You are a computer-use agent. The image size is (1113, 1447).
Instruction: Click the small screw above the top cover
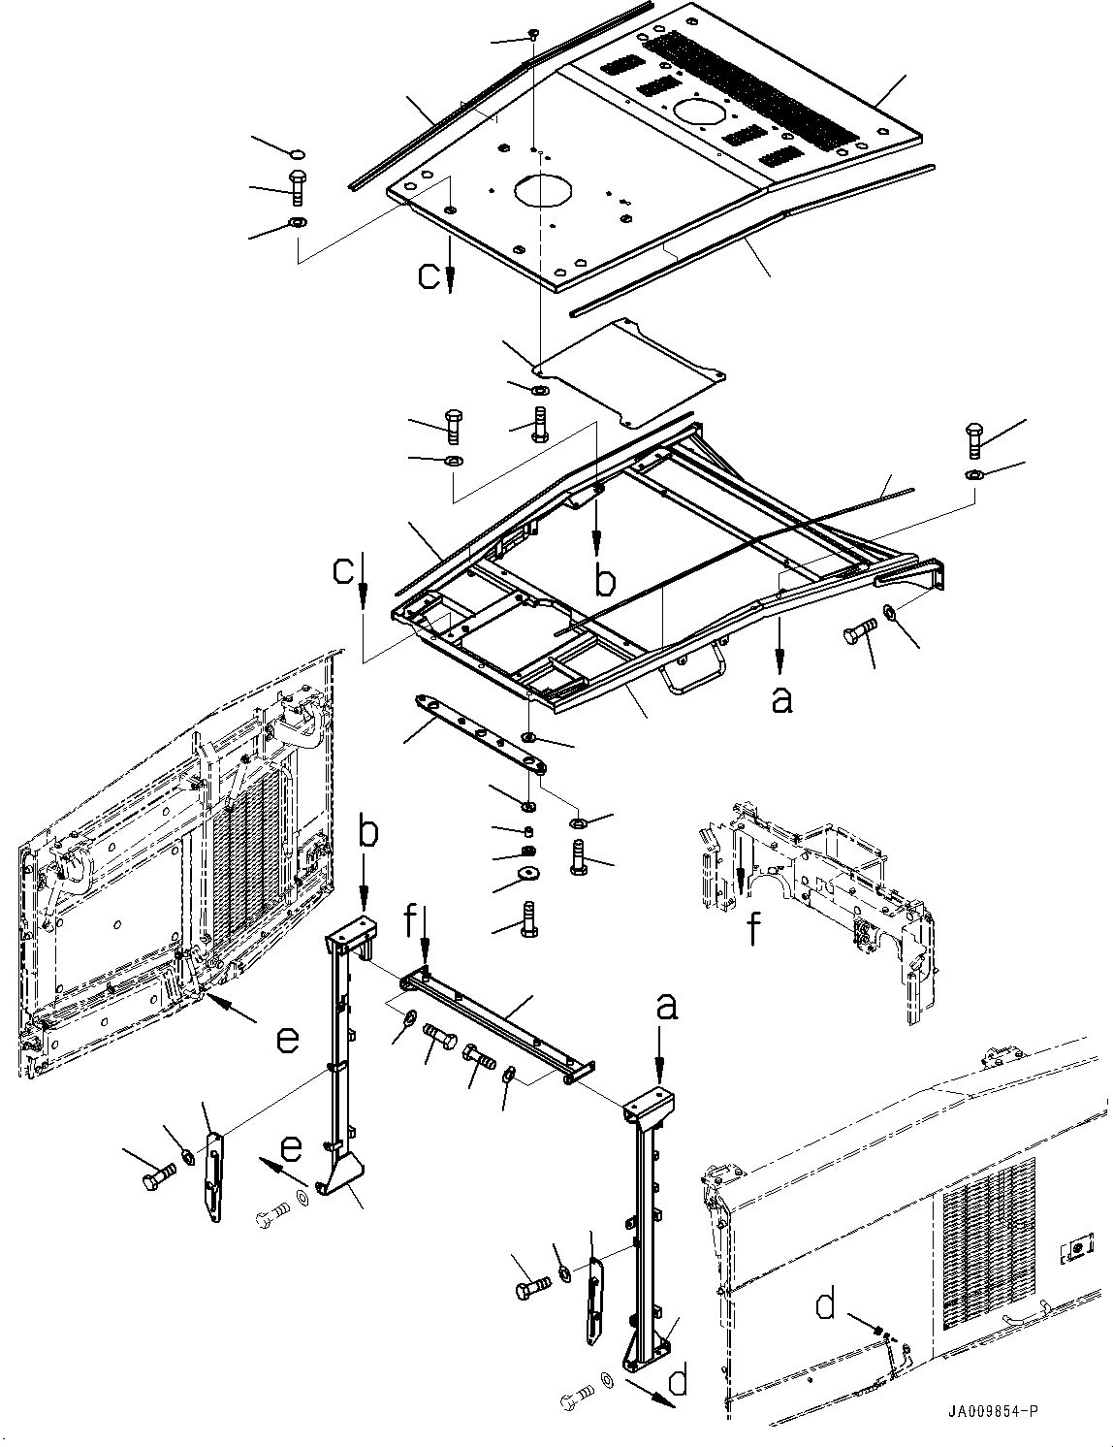point(534,35)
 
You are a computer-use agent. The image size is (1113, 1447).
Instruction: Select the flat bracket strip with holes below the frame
point(478,731)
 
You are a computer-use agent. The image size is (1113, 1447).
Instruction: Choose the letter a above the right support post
point(666,1009)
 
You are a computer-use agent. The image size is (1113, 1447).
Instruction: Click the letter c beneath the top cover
point(429,275)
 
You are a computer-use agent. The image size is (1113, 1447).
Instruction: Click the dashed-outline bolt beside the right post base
point(580,1398)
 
